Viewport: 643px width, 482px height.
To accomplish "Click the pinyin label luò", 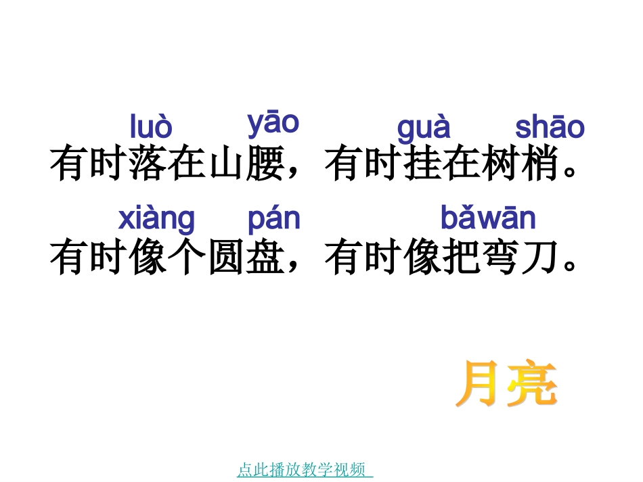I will click(x=151, y=127).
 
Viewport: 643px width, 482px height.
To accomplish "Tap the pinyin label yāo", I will click(x=273, y=123).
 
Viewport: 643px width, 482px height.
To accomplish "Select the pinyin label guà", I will click(x=423, y=128).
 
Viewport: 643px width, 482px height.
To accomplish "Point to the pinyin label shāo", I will click(x=550, y=128).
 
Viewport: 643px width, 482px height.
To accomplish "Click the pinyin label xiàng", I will click(x=156, y=219).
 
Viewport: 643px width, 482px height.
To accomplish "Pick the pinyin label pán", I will click(x=273, y=219).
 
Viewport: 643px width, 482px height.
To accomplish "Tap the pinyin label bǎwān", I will click(x=488, y=218).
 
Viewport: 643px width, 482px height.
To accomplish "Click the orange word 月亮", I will click(x=506, y=385).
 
